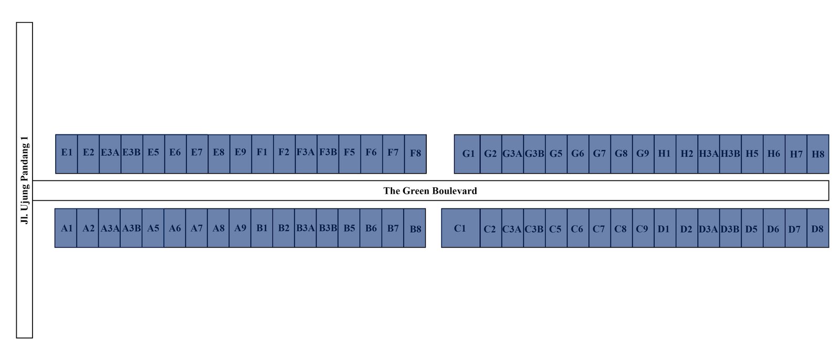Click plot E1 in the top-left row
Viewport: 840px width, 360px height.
(67, 154)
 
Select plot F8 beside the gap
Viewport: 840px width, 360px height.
(415, 154)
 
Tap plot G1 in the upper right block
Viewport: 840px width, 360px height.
(467, 154)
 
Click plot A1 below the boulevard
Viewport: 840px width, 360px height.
(66, 228)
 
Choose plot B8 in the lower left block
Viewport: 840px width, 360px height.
(415, 228)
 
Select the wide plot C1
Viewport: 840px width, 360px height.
(460, 228)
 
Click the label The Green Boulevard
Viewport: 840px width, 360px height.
(430, 191)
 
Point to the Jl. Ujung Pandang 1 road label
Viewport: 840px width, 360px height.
(25, 180)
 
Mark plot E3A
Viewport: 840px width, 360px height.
(110, 154)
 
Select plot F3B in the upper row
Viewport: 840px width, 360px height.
(328, 154)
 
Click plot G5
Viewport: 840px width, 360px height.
(556, 154)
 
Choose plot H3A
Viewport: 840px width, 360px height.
(709, 154)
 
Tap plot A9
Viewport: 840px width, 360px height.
(240, 228)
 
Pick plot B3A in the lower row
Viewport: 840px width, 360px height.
(305, 228)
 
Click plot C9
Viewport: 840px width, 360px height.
(644, 228)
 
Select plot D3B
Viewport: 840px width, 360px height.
(730, 228)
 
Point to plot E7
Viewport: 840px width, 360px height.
(197, 154)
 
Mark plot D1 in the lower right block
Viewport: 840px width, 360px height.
(665, 228)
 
